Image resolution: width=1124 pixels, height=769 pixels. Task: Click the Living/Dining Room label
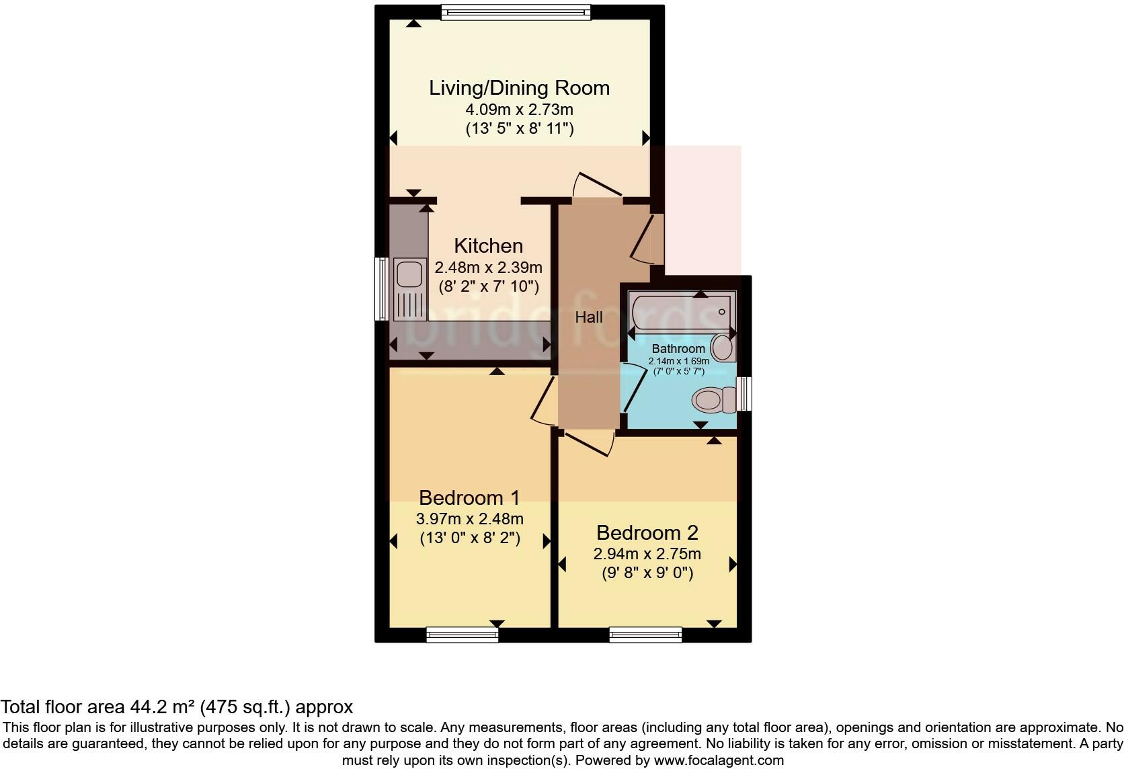coord(519,88)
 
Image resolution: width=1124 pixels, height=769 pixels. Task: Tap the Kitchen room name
coord(488,246)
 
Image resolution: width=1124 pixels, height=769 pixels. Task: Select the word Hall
coord(589,317)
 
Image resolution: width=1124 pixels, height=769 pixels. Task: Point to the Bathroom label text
coord(678,349)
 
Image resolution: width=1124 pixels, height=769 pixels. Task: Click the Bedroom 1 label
coord(469,497)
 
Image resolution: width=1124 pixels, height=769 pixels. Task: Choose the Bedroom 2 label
coord(647,532)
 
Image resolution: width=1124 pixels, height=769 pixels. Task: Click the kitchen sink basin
coord(409,274)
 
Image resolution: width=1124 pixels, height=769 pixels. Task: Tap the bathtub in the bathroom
coord(681,311)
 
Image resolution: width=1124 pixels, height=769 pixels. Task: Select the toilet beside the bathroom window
coord(713,400)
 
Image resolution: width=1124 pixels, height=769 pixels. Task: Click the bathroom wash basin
coord(722,347)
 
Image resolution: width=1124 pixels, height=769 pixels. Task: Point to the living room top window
coord(516,12)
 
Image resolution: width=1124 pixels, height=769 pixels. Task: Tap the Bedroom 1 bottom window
coord(462,635)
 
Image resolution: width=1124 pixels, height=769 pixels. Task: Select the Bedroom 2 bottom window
coord(645,635)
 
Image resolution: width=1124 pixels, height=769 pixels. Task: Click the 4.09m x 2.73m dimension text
coord(519,110)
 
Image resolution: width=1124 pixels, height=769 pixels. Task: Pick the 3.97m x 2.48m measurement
coord(470,519)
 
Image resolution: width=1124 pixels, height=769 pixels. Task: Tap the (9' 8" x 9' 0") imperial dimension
coord(647,572)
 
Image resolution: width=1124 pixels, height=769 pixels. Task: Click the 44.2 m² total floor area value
coord(163,706)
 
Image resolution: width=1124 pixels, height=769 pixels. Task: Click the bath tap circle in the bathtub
coord(721,311)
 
